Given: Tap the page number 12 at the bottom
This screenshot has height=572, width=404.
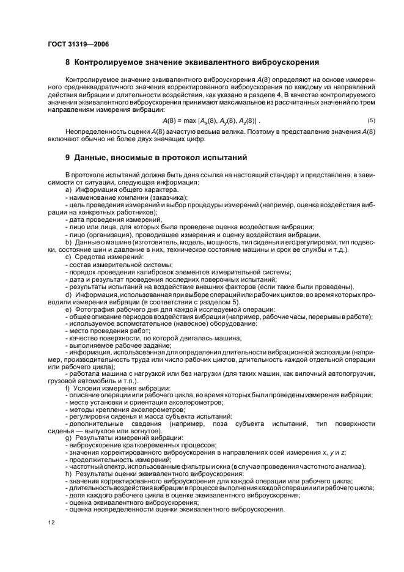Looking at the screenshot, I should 52,522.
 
